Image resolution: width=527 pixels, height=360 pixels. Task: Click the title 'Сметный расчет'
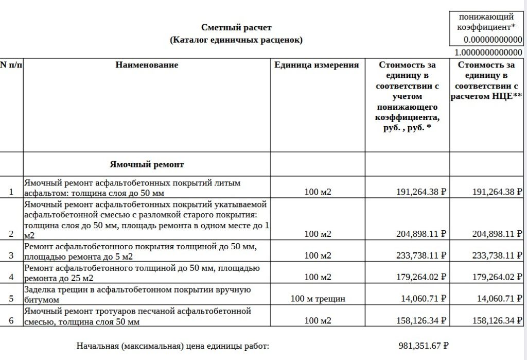(236, 27)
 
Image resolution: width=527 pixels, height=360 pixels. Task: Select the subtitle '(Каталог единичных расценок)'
(236, 40)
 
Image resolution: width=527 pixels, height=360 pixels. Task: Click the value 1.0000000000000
(489, 53)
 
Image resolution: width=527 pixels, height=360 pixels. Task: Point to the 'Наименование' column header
(147, 65)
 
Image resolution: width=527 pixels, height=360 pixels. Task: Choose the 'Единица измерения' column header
(317, 65)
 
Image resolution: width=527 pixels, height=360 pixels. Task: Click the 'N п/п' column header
(11, 65)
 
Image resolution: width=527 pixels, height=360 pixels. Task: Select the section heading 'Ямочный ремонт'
(147, 164)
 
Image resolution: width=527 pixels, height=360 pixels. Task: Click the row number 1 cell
(11, 192)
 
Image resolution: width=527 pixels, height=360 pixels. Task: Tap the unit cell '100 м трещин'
(318, 299)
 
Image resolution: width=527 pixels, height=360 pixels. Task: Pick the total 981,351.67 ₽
(424, 346)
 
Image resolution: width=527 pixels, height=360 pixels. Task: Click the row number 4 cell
(11, 277)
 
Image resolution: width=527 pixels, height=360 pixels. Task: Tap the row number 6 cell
(11, 320)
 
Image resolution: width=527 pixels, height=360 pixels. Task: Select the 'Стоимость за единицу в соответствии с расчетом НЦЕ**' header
(486, 80)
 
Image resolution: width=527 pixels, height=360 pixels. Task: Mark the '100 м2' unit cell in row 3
(318, 255)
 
